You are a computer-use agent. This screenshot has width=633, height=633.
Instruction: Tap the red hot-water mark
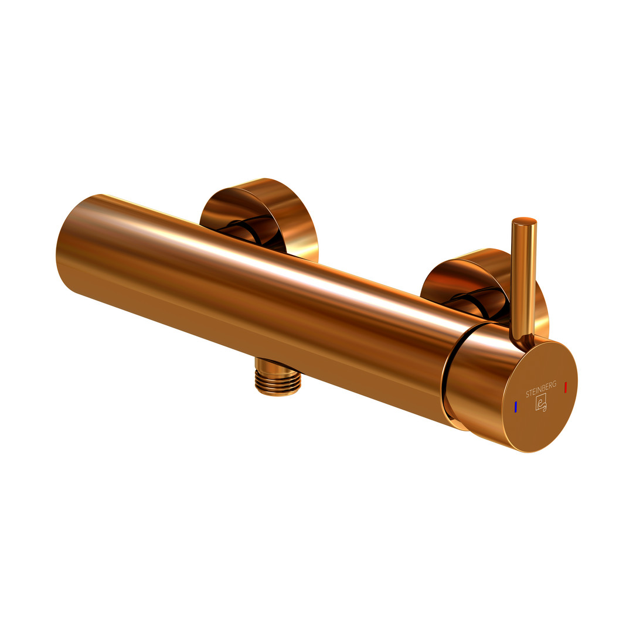565,387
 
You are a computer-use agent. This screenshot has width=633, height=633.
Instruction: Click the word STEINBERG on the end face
541,389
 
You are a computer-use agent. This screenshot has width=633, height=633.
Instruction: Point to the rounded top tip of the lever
524,220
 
